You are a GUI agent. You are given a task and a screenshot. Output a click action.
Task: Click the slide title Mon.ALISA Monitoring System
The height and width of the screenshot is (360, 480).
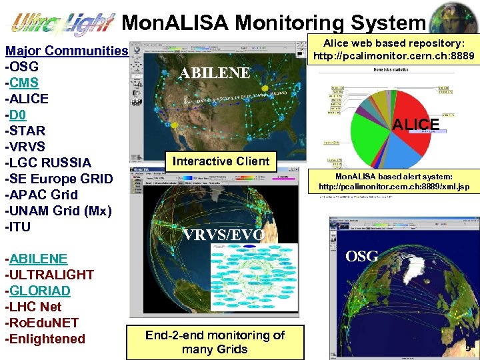point(274,23)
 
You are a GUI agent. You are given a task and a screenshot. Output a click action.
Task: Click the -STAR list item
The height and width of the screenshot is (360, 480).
point(25,131)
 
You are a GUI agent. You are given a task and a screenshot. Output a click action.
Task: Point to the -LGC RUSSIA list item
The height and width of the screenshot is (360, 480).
point(48,163)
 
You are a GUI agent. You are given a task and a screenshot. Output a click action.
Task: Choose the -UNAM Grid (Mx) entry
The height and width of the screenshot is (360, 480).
point(58,211)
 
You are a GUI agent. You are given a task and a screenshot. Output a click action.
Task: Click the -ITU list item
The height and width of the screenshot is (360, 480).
point(18,227)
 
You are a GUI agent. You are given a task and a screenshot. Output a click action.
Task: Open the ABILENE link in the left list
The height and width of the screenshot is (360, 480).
point(38,259)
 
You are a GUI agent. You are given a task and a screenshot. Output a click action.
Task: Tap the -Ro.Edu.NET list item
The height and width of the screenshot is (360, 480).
point(42,323)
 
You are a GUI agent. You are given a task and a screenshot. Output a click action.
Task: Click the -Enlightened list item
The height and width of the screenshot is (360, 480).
point(45,339)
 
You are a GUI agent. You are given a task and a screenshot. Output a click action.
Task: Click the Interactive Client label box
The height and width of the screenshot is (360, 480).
point(221,161)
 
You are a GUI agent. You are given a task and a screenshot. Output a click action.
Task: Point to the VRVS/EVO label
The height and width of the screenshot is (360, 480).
point(223,235)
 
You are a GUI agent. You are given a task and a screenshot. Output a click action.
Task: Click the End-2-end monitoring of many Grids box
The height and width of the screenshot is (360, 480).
point(215,342)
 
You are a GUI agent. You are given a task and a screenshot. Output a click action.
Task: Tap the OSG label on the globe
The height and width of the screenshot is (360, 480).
point(362,256)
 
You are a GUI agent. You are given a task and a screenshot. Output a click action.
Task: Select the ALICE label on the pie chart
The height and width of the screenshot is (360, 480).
point(415,124)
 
